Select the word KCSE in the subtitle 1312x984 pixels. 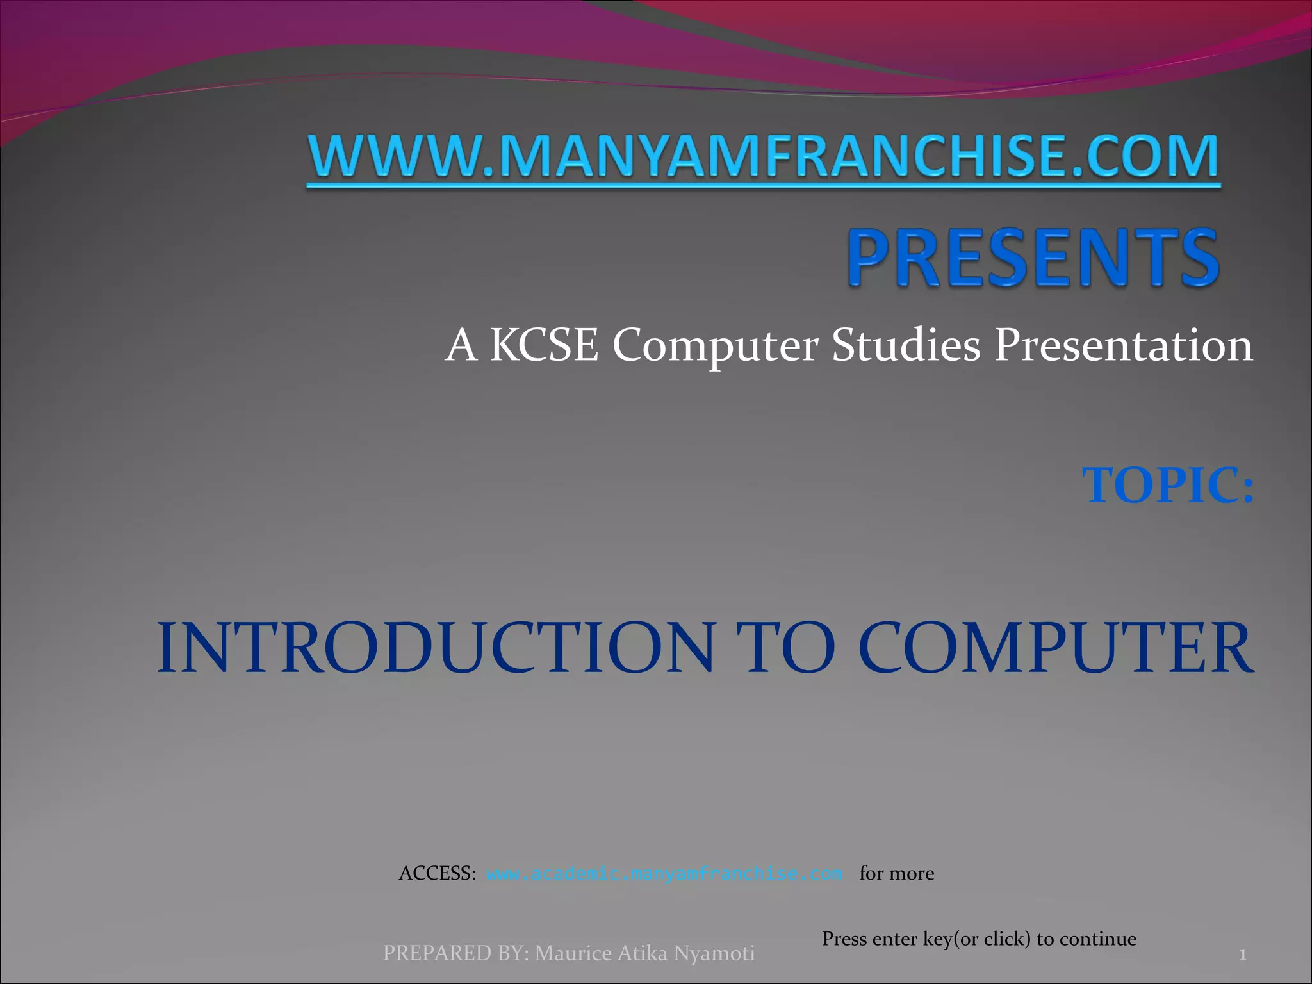(x=544, y=345)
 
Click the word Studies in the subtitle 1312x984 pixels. (x=906, y=345)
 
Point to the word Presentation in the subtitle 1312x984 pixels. (x=1123, y=345)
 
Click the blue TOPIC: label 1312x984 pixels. (x=1168, y=485)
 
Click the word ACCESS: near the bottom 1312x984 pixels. (x=438, y=873)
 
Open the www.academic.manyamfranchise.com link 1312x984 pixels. (x=664, y=874)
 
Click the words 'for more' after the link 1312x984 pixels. (x=896, y=873)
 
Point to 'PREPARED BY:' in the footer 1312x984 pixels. (x=455, y=953)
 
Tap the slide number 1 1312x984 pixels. (x=1242, y=955)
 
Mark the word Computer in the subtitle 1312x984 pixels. (x=716, y=345)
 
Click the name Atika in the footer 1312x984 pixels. (x=643, y=953)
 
